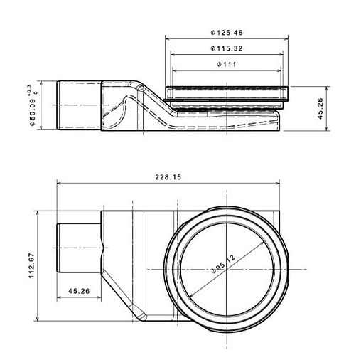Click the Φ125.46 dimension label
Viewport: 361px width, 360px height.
[227, 33]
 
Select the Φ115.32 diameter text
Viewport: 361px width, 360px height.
[227, 48]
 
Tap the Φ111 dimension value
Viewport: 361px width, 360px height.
[227, 64]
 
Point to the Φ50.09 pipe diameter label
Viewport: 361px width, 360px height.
[33, 112]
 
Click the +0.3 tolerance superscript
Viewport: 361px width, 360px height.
[30, 90]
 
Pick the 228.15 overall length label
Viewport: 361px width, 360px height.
[168, 177]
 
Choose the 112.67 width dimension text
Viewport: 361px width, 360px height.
[32, 265]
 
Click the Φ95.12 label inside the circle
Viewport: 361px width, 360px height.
[222, 264]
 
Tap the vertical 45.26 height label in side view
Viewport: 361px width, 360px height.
[320, 108]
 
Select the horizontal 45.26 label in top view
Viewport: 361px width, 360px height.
[79, 291]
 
